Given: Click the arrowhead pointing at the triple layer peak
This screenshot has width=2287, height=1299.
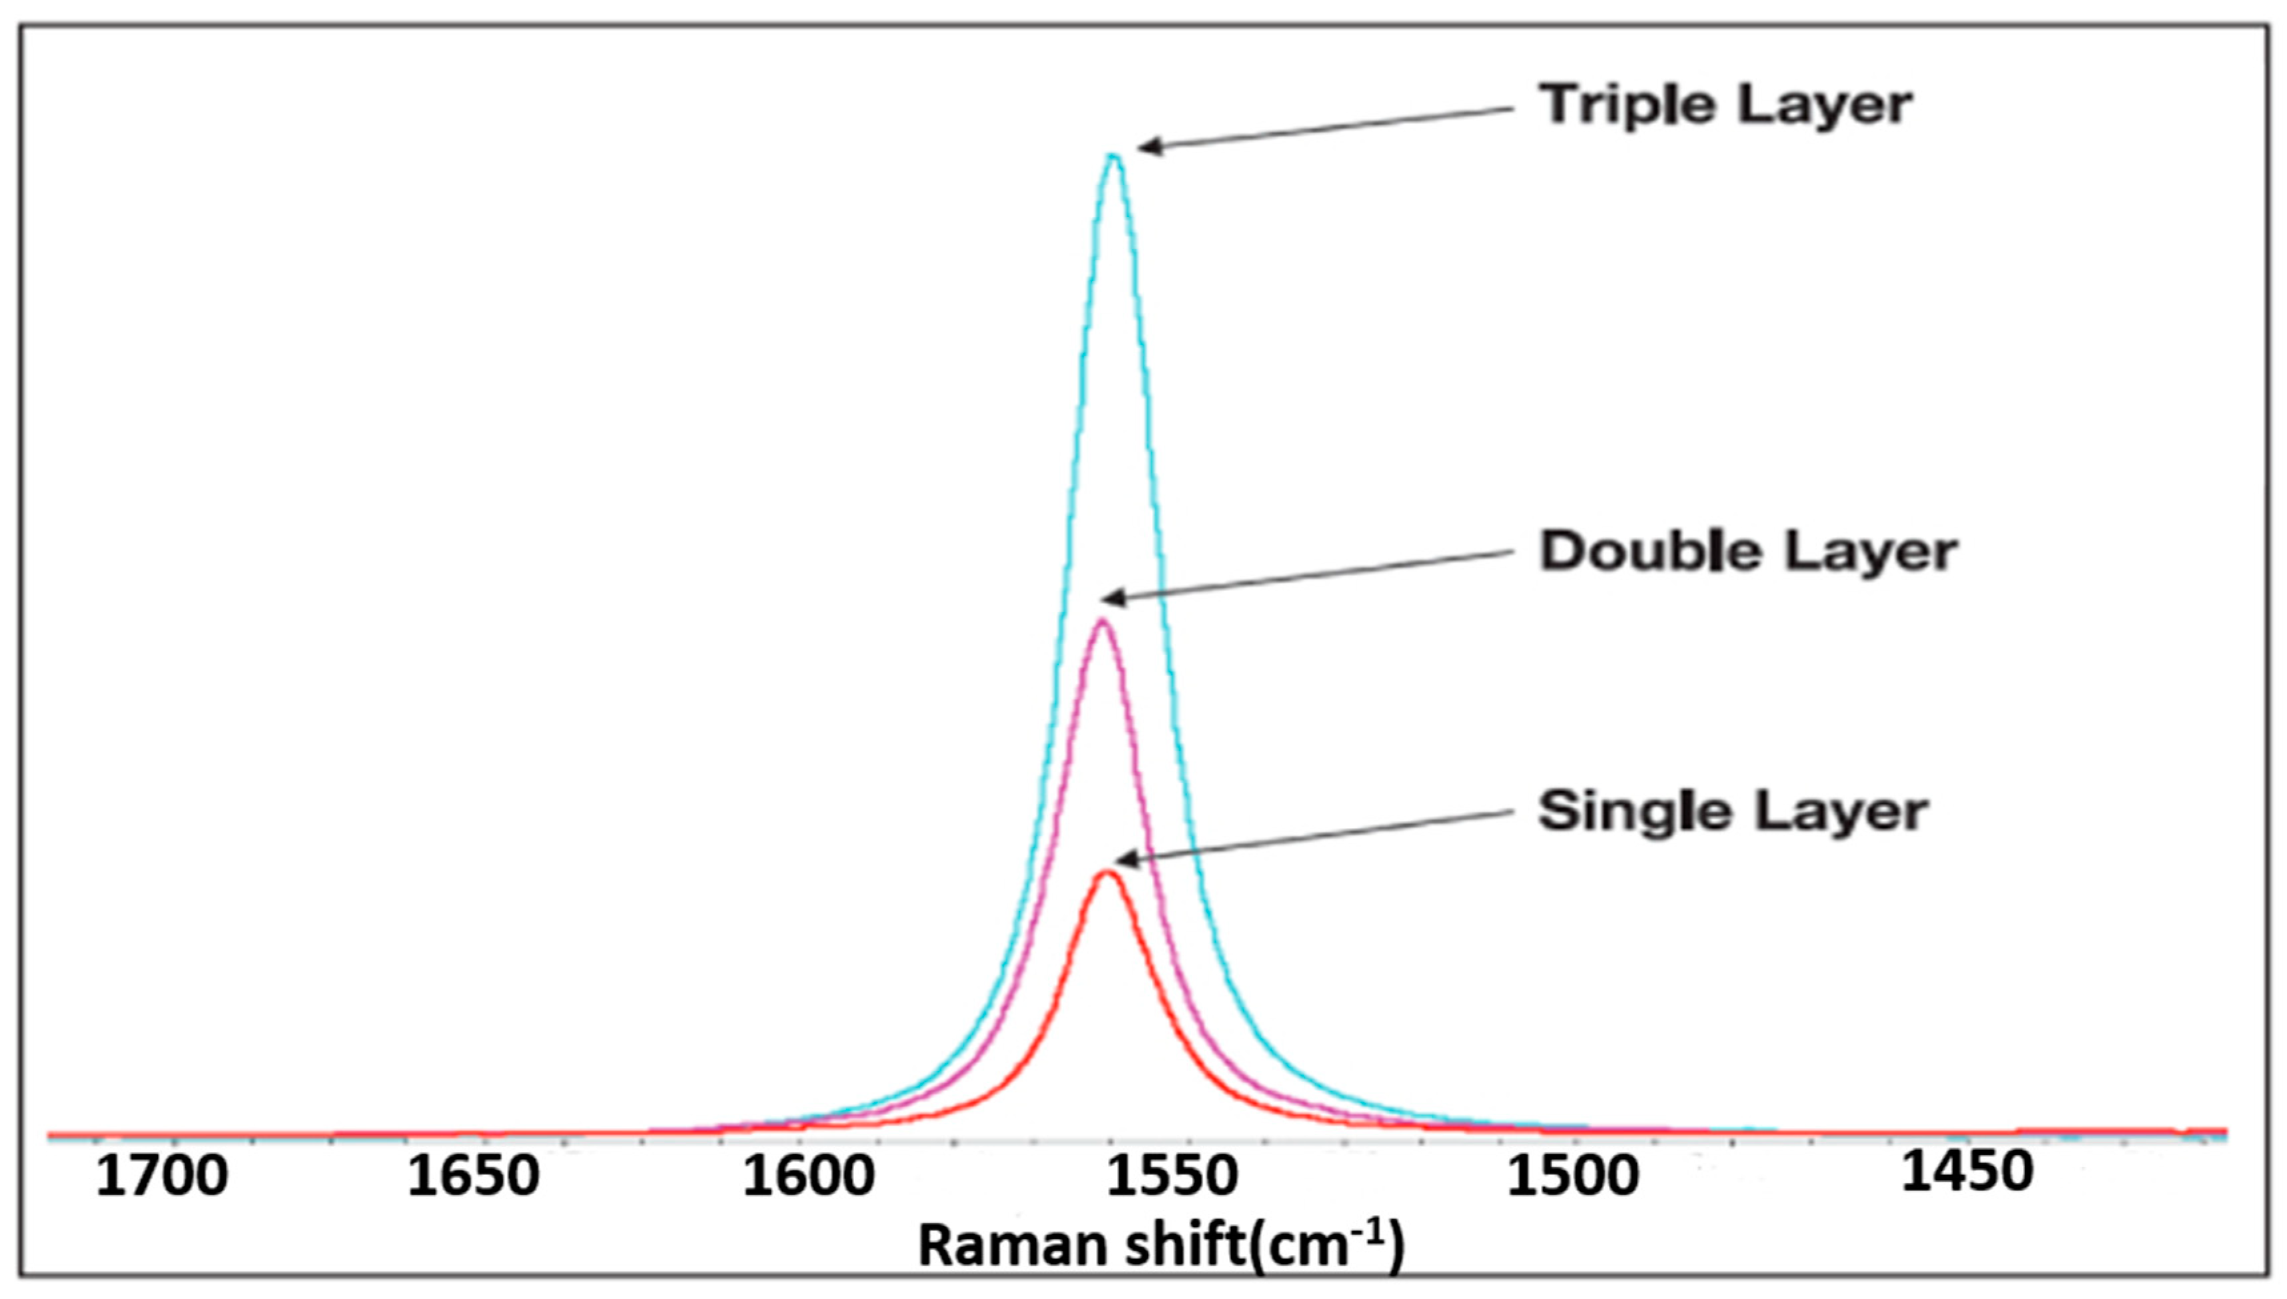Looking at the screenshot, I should click(1146, 147).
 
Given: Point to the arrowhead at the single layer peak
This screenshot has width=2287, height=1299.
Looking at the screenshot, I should click(1122, 860).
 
